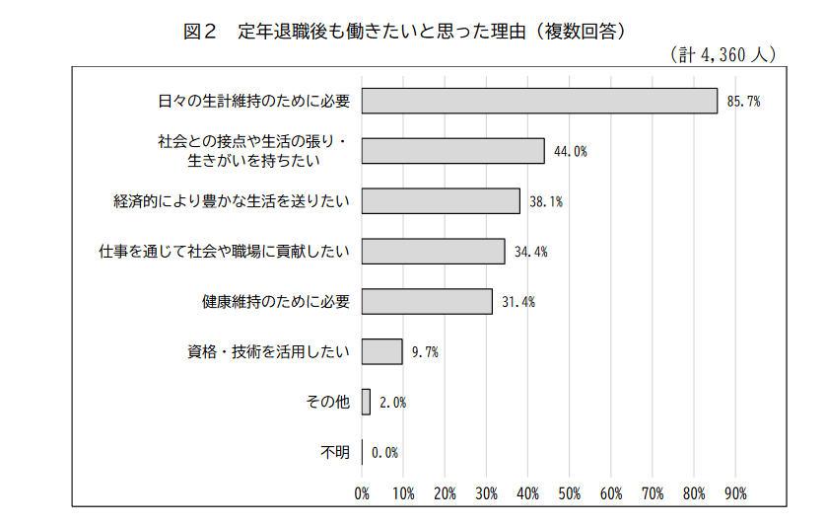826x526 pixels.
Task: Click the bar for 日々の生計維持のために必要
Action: click(x=539, y=101)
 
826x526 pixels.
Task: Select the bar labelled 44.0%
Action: click(x=453, y=151)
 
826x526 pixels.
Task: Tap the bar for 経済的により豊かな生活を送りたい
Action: click(x=441, y=201)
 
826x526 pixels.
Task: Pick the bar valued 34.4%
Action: click(x=433, y=251)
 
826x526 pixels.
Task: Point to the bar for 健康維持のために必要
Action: click(x=427, y=301)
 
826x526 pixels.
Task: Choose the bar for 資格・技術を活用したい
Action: click(x=381, y=351)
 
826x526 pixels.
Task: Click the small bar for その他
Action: click(x=366, y=402)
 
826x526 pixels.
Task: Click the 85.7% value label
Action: click(x=743, y=102)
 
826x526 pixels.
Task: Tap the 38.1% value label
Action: click(x=546, y=201)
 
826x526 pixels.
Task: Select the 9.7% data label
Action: click(x=425, y=351)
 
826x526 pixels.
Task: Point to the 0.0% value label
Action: click(x=384, y=452)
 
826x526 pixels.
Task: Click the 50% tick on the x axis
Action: click(x=569, y=492)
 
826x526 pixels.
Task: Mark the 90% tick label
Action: click(x=735, y=492)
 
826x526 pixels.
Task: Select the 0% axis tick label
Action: click(x=362, y=492)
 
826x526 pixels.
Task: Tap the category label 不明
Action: click(x=335, y=452)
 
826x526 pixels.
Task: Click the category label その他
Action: click(x=328, y=402)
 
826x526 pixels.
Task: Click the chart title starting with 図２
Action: click(x=405, y=31)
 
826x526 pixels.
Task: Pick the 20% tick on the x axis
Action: click(x=445, y=492)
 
